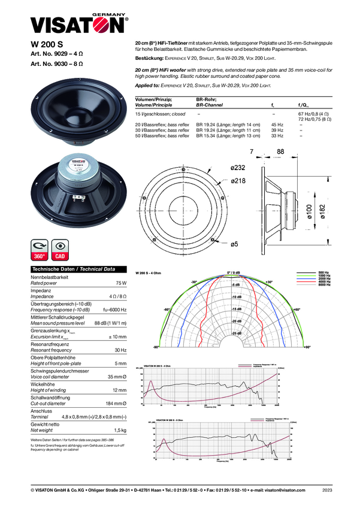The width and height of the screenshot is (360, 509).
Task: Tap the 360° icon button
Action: tap(40, 250)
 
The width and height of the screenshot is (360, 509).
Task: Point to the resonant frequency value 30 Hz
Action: tap(120, 350)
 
